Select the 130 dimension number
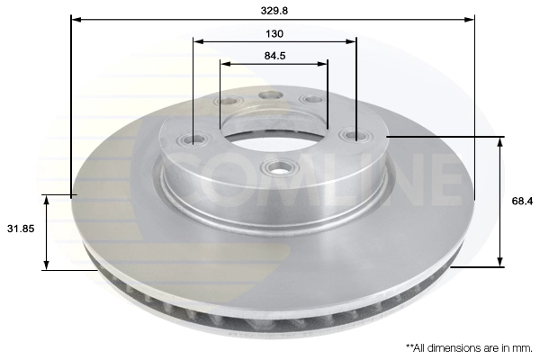(274, 33)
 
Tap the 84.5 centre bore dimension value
(274, 56)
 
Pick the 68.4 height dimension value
(521, 202)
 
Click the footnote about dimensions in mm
(468, 346)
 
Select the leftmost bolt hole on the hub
(191, 139)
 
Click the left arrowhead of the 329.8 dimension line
(74, 18)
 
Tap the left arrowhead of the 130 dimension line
(197, 40)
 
